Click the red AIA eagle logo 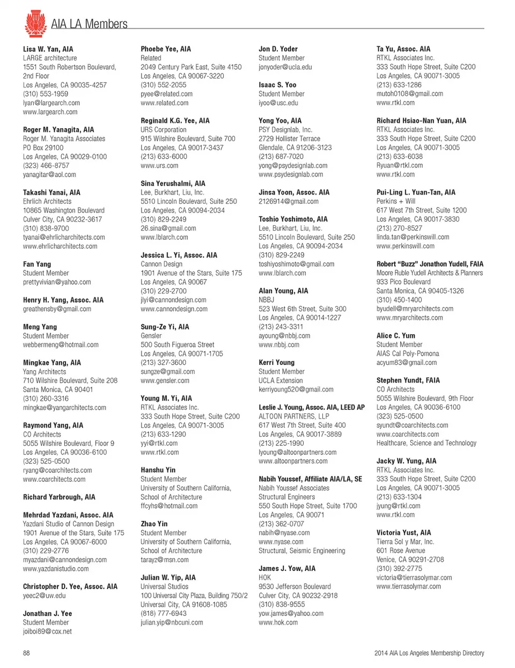pyautogui.click(x=35, y=23)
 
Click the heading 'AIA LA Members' pyautogui.click(x=89, y=24)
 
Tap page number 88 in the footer pyautogui.click(x=26, y=653)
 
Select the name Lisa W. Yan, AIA pyautogui.click(x=48, y=49)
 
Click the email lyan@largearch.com pyautogui.click(x=51, y=103)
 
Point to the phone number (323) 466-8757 pyautogui.click(x=46, y=166)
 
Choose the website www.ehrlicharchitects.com pyautogui.click(x=60, y=246)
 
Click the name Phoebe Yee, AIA pyautogui.click(x=166, y=49)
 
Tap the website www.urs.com pyautogui.click(x=160, y=166)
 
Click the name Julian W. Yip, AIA pyautogui.click(x=168, y=578)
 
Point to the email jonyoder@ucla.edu pyautogui.click(x=285, y=67)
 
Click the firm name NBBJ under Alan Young pyautogui.click(x=267, y=300)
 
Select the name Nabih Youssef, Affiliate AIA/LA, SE pyautogui.click(x=310, y=479)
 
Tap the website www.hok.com pyautogui.click(x=278, y=623)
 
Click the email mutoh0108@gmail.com pyautogui.click(x=410, y=94)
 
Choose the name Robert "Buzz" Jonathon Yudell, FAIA pyautogui.click(x=430, y=264)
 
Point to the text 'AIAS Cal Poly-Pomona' pyautogui.click(x=408, y=354)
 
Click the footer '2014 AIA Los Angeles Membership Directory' pyautogui.click(x=429, y=653)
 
